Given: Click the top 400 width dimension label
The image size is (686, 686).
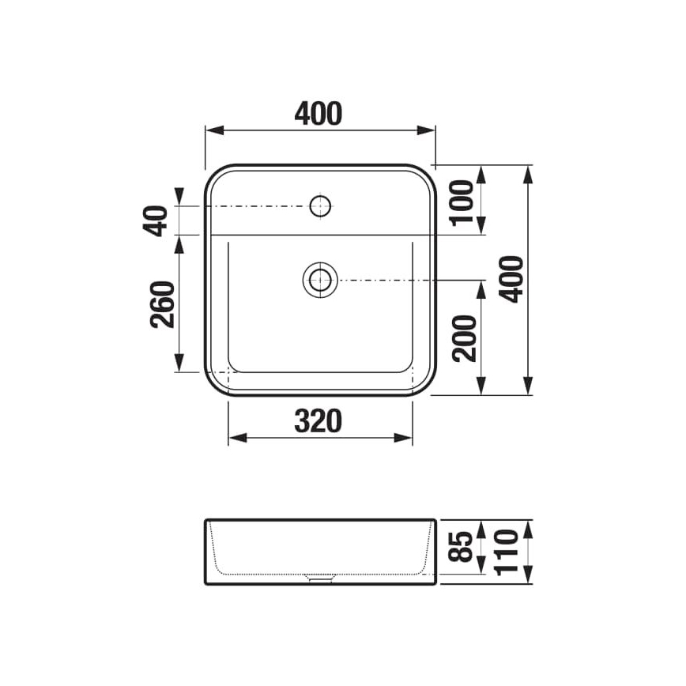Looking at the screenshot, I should pos(319,114).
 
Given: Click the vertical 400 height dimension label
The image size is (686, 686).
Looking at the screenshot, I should pos(513,278).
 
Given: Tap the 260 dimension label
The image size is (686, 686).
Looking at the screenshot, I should pos(160,304).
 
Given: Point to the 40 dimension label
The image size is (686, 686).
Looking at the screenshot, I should pos(160,220).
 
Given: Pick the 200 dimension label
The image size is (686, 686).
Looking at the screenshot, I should pos(465,337).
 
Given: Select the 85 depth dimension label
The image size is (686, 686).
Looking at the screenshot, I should pos(465,545).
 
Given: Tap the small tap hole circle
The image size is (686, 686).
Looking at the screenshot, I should pos(320,207).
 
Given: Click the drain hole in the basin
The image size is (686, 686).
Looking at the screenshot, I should pos(320,279).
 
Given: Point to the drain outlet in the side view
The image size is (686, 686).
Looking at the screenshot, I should pos(320,578).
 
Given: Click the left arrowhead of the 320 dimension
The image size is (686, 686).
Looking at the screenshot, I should pos(234,438).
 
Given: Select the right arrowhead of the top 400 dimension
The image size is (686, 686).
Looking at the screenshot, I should pos(430,131).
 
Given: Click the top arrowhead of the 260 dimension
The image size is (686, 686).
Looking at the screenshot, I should pos(180,242).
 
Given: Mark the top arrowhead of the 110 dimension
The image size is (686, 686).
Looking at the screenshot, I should pos(529,526).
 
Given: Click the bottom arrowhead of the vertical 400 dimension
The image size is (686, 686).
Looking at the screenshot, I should pos(529,389).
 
